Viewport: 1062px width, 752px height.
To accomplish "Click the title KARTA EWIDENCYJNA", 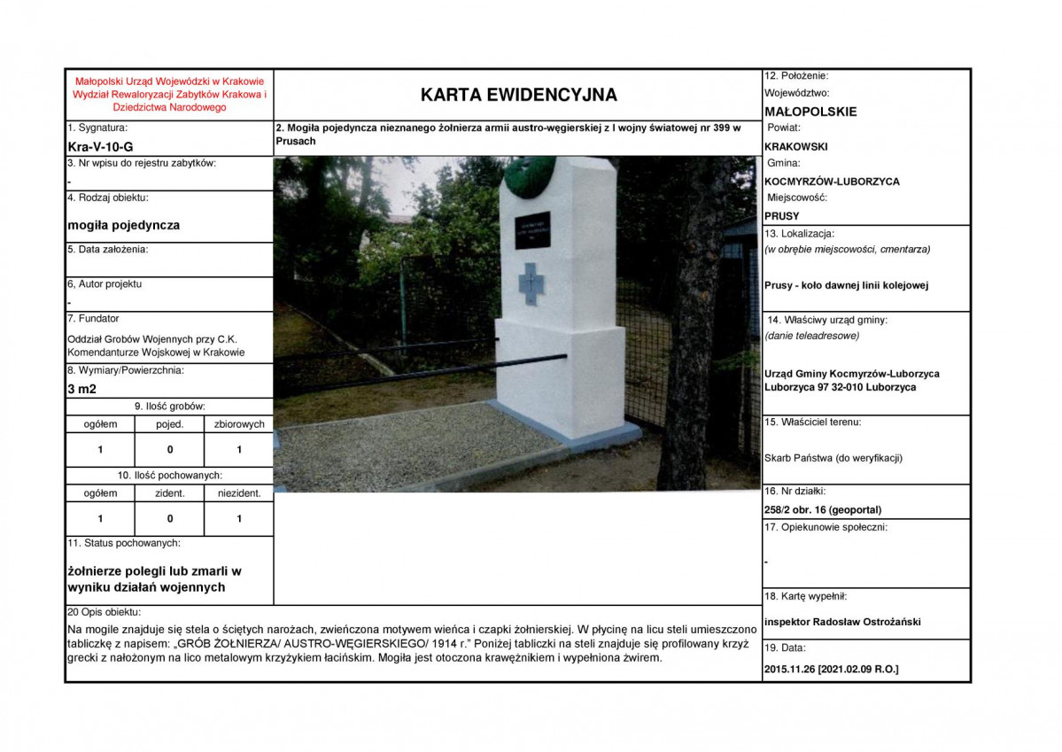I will coord(518,95).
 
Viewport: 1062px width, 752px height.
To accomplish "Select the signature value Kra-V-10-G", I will coord(101,146).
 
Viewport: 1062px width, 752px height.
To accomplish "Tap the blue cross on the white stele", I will coord(532,283).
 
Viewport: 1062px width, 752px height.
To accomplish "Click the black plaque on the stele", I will coord(532,229).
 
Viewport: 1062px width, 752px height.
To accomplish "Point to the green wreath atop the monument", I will coord(528,173).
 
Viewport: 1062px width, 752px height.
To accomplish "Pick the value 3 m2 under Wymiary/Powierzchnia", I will coord(81,388).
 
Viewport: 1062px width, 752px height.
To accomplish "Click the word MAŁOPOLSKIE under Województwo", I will coord(810,112).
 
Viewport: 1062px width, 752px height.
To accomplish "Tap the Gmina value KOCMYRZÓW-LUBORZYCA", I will coord(832,181).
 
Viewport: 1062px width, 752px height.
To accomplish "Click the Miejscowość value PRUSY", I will coord(781,215).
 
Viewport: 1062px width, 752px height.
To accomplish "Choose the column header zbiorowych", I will coord(239,424).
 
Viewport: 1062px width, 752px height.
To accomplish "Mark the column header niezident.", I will coord(239,493).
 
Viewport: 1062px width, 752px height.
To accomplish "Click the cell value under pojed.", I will coord(170,450).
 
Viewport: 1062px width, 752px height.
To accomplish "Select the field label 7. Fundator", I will coord(94,319).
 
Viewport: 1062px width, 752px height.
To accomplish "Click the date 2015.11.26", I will coord(791,670).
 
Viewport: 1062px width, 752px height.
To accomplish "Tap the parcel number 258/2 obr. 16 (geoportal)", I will coord(823,509).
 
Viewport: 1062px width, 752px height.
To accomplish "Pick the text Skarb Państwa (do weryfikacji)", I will coord(833,458).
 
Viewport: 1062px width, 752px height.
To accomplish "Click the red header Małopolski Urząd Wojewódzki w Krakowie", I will coord(169,81).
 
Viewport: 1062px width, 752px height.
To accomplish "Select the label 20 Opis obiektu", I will coord(105,612).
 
